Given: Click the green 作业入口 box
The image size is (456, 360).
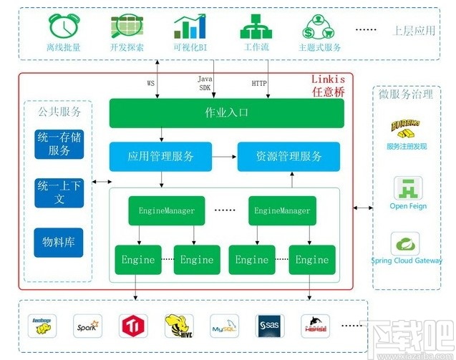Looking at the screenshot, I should pyautogui.click(x=226, y=113).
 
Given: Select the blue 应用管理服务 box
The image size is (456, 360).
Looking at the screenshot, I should pyautogui.click(x=160, y=156).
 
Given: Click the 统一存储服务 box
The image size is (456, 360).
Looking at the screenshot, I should pyautogui.click(x=59, y=144).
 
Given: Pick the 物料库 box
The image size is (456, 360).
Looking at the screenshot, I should pyautogui.click(x=59, y=243).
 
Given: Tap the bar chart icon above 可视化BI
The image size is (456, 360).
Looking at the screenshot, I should pyautogui.click(x=190, y=26).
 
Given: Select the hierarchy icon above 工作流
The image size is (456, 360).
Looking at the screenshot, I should pyautogui.click(x=256, y=26).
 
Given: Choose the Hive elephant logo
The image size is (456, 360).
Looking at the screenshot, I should pyautogui.click(x=178, y=326).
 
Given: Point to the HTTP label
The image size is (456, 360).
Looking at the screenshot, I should pyautogui.click(x=259, y=83).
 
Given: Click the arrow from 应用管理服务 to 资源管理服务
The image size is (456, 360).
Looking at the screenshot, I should pyautogui.click(x=225, y=156).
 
